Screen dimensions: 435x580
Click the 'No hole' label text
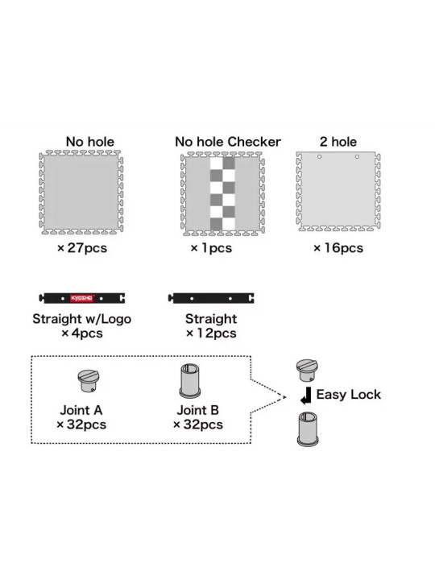pyautogui.click(x=90, y=142)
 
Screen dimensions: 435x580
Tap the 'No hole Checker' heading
pyautogui.click(x=228, y=142)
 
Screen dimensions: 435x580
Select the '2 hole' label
pyautogui.click(x=338, y=142)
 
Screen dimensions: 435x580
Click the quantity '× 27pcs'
pyautogui.click(x=82, y=248)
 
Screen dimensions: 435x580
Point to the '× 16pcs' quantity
pyautogui.click(x=338, y=248)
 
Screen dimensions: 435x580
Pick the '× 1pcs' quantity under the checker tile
pyautogui.click(x=211, y=248)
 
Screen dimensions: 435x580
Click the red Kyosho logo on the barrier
pyautogui.click(x=82, y=298)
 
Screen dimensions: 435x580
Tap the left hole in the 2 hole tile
pyautogui.click(x=319, y=157)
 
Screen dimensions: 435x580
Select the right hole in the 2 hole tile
pyautogui.click(x=357, y=157)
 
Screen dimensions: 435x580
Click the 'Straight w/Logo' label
pyautogui.click(x=81, y=319)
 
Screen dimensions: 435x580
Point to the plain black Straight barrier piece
pyautogui.click(x=211, y=298)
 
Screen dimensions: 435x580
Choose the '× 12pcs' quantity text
pyautogui.click(x=211, y=333)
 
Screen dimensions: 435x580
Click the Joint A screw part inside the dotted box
pyautogui.click(x=88, y=381)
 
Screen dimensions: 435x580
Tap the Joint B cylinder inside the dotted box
pyautogui.click(x=190, y=380)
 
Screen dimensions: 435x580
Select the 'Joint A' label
pyautogui.click(x=81, y=410)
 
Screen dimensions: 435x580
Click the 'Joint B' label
pyautogui.click(x=198, y=410)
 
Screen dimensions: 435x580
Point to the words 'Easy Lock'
pyautogui.click(x=349, y=394)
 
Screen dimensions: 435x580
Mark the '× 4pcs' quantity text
pyautogui.click(x=82, y=333)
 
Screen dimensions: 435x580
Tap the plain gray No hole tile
pyautogui.click(x=81, y=192)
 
